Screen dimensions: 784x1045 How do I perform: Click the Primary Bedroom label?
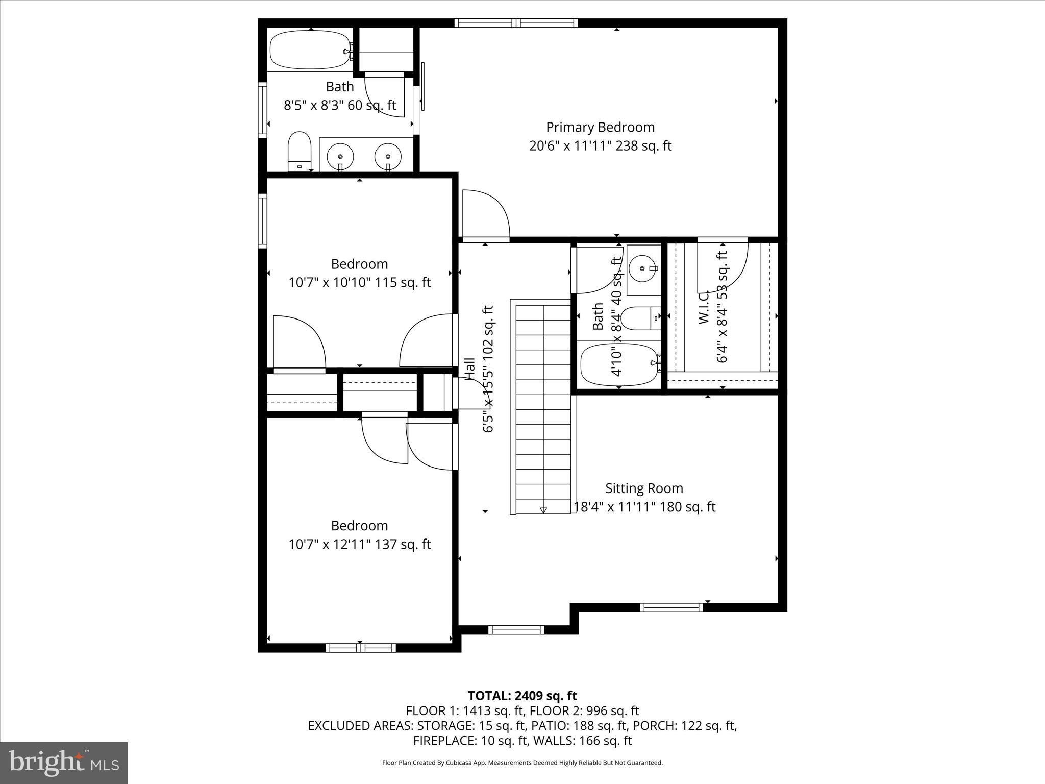(x=600, y=127)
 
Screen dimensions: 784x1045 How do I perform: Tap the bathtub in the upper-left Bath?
(x=310, y=50)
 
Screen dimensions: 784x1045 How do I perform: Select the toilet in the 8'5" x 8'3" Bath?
(x=300, y=151)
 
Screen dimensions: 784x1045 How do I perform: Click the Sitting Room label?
(x=644, y=488)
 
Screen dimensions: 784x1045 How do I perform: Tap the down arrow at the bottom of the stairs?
(x=543, y=510)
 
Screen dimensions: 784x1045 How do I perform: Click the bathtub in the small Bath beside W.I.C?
(x=619, y=365)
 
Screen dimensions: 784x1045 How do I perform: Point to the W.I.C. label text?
(x=704, y=307)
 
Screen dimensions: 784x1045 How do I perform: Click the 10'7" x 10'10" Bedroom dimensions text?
(x=360, y=282)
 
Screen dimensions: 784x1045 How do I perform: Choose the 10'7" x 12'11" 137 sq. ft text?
(x=360, y=544)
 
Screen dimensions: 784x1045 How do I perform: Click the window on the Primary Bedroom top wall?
(x=516, y=22)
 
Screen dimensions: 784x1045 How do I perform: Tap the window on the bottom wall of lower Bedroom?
(x=361, y=648)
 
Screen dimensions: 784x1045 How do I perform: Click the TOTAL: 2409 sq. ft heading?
(x=522, y=696)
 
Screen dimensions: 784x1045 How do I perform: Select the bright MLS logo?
(x=64, y=763)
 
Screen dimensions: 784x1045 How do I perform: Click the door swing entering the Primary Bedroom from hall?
(x=486, y=214)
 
